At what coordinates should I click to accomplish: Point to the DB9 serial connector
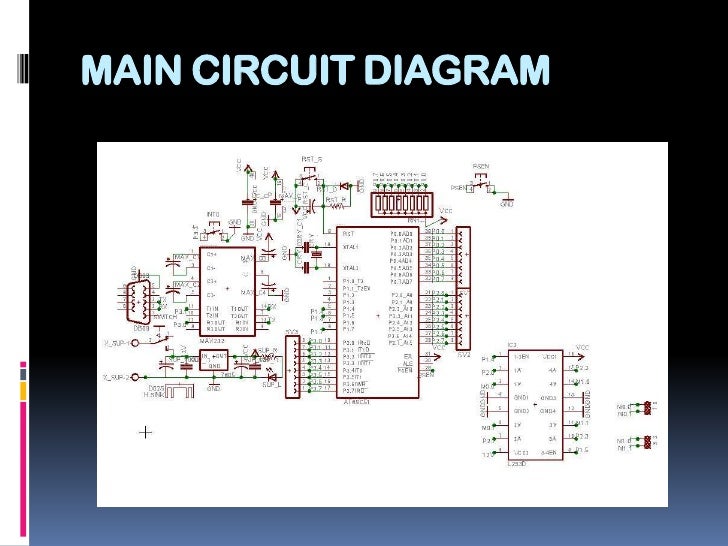click(134, 296)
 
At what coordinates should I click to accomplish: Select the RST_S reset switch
click(313, 174)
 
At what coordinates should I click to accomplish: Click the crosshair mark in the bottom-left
click(146, 433)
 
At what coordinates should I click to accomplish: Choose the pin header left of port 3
click(293, 366)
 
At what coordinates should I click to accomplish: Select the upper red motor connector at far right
click(649, 407)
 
